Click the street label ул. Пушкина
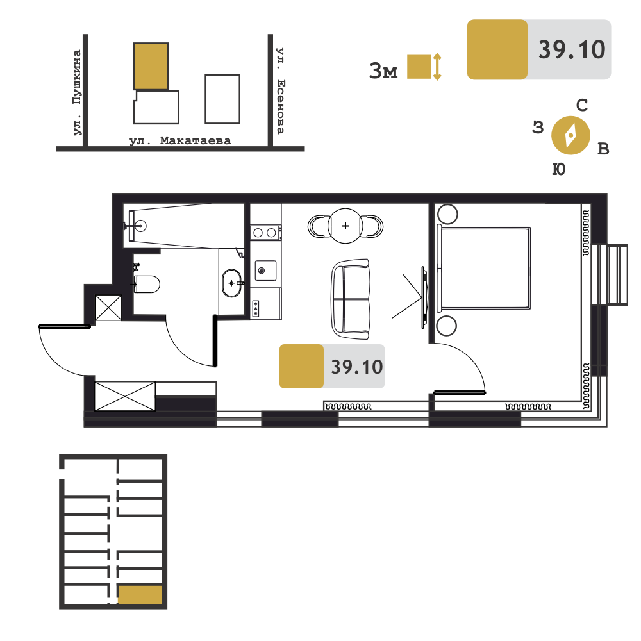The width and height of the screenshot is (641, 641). pos(77,92)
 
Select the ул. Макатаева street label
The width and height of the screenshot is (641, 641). pos(180,140)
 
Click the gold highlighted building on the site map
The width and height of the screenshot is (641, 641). pos(151,66)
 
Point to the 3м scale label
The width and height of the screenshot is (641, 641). pos(383,71)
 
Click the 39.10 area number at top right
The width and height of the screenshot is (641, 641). pos(572,50)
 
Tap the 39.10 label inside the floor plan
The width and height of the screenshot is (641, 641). pos(357,367)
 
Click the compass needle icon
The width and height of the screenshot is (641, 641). pos(570,135)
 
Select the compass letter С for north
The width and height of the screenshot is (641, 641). pos(582,106)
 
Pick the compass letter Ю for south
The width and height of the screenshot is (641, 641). pos(558,169)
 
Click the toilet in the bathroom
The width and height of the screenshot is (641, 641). pos(146,284)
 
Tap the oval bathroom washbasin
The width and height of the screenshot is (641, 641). pos(232,283)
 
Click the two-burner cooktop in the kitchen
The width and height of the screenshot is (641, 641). pos(265,233)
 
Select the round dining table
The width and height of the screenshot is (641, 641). pos(345,226)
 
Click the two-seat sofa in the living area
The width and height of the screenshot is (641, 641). pos(351,299)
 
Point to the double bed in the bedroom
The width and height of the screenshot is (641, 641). pos(484,268)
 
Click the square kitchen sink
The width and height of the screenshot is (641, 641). pos(265,271)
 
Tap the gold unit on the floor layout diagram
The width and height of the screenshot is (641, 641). pos(140,594)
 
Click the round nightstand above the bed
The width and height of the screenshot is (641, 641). pos(447,214)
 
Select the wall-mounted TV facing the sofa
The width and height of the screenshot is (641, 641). pos(425,297)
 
